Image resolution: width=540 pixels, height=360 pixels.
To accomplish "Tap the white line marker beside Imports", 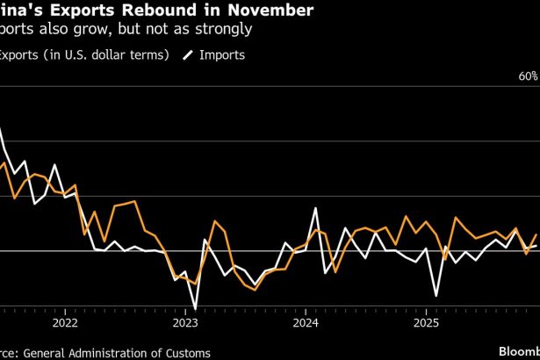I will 188,54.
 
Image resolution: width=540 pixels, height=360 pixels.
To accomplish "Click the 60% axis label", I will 528,77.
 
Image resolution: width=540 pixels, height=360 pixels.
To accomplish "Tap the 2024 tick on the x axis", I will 306,322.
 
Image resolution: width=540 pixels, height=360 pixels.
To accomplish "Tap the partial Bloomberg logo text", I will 518,351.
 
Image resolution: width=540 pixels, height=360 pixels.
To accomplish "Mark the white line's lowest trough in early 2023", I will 194,308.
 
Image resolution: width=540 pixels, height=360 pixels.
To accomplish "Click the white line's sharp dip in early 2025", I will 436,293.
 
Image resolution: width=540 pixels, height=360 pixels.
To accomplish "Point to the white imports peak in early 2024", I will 316,209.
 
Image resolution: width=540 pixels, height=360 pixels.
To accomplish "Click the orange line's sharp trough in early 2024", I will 335,271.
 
